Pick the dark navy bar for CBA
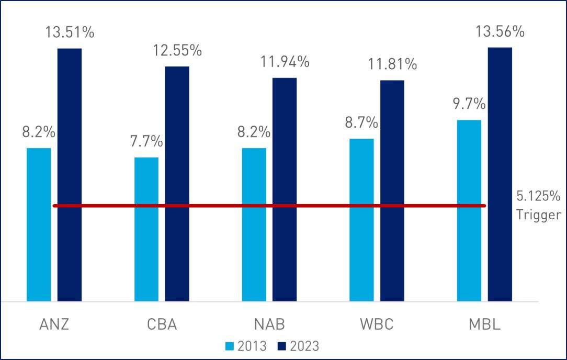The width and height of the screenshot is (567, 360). [x=177, y=184]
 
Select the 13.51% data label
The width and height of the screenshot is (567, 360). [x=70, y=32]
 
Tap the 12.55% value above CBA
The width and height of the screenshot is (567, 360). [x=177, y=51]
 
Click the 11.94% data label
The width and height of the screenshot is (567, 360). [x=285, y=62]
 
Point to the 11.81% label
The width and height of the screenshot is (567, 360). [x=392, y=65]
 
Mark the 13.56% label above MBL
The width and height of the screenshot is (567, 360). [x=500, y=32]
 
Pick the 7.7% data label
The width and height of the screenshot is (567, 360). [x=146, y=142]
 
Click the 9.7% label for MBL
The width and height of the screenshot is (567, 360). [x=469, y=104]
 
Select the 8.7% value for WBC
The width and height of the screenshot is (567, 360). [x=361, y=123]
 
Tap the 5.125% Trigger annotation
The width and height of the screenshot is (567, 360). [x=538, y=205]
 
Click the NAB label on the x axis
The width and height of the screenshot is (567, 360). [x=269, y=324]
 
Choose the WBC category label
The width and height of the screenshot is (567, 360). [x=377, y=324]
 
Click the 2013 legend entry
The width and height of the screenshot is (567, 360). [x=246, y=346]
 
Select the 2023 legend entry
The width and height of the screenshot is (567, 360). [x=298, y=346]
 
